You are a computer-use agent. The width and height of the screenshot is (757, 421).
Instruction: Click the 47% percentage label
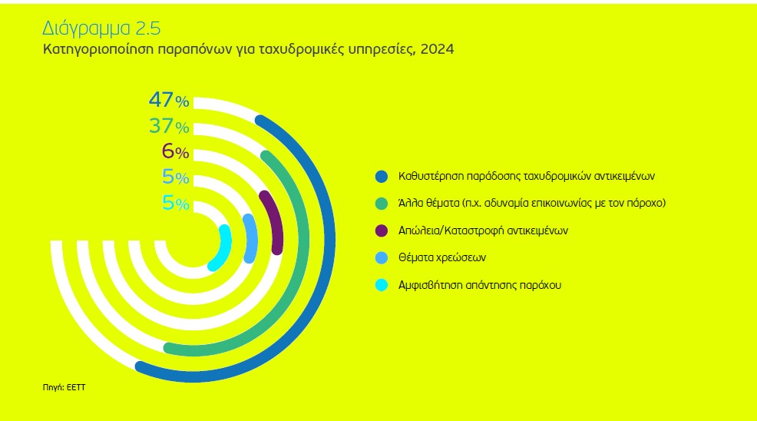click(169, 101)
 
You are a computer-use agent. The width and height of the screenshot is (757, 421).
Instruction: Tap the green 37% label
click(169, 126)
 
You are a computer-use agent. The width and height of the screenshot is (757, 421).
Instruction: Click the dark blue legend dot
click(382, 177)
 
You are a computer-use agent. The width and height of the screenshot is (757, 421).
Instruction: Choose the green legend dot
click(382, 204)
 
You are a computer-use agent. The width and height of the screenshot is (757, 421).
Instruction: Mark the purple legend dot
click(382, 230)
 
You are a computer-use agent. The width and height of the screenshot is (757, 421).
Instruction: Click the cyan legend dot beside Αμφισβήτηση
click(382, 285)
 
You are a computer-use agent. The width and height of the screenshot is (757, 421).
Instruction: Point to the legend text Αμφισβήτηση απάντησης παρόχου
click(480, 285)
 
